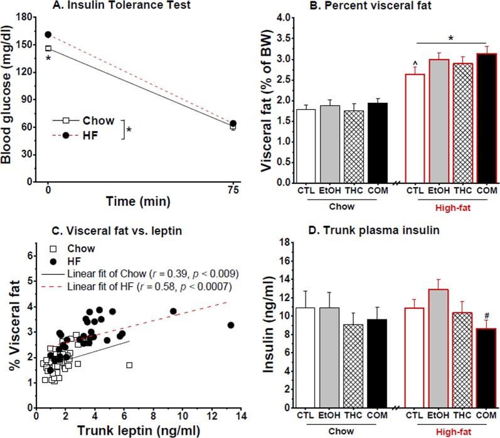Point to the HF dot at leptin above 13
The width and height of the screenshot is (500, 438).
pyautogui.click(x=230, y=325)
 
